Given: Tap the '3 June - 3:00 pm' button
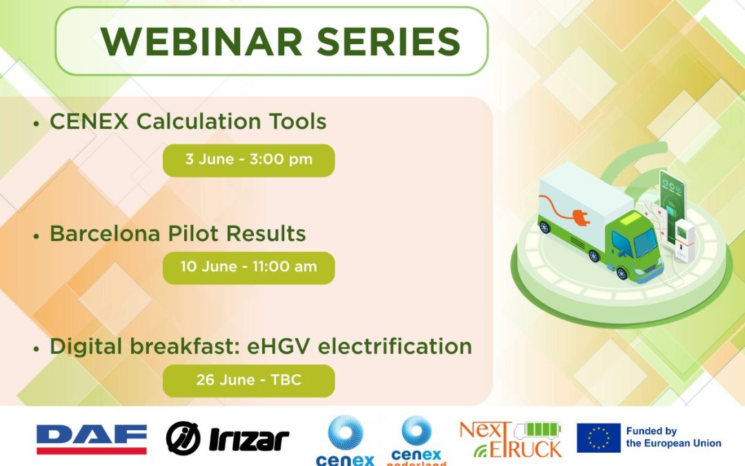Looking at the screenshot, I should coord(248,159).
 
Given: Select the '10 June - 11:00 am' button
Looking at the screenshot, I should coord(248,266).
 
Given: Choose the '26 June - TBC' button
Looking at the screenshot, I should coord(248,380).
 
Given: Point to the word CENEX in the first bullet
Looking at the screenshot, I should coord(90,122).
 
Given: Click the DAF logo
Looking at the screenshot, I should coord(91,439).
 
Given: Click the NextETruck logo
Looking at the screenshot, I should coord(510,440).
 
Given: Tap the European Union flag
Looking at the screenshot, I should coord(598,438).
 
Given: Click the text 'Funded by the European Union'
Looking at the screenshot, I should coord(673,438).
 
